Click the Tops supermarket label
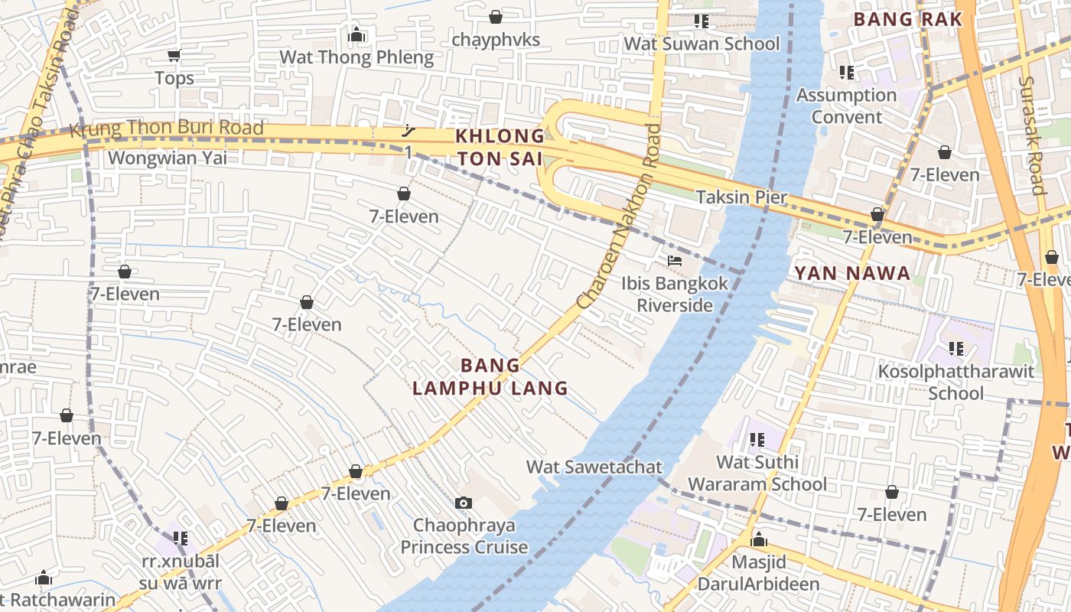174,78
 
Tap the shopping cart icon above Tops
174,55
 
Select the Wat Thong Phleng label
356,57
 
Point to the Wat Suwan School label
702,44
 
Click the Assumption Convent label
846,106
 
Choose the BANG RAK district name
907,19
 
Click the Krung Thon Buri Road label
167,129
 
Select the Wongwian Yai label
168,158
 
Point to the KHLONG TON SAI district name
500,148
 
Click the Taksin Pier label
741,197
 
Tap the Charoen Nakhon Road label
620,216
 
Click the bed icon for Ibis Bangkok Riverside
674,261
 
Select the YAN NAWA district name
852,273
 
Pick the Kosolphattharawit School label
956,382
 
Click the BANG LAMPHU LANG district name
490,376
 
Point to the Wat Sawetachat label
594,467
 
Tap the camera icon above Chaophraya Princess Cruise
464,503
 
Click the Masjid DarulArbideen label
759,573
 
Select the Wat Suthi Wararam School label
757,473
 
